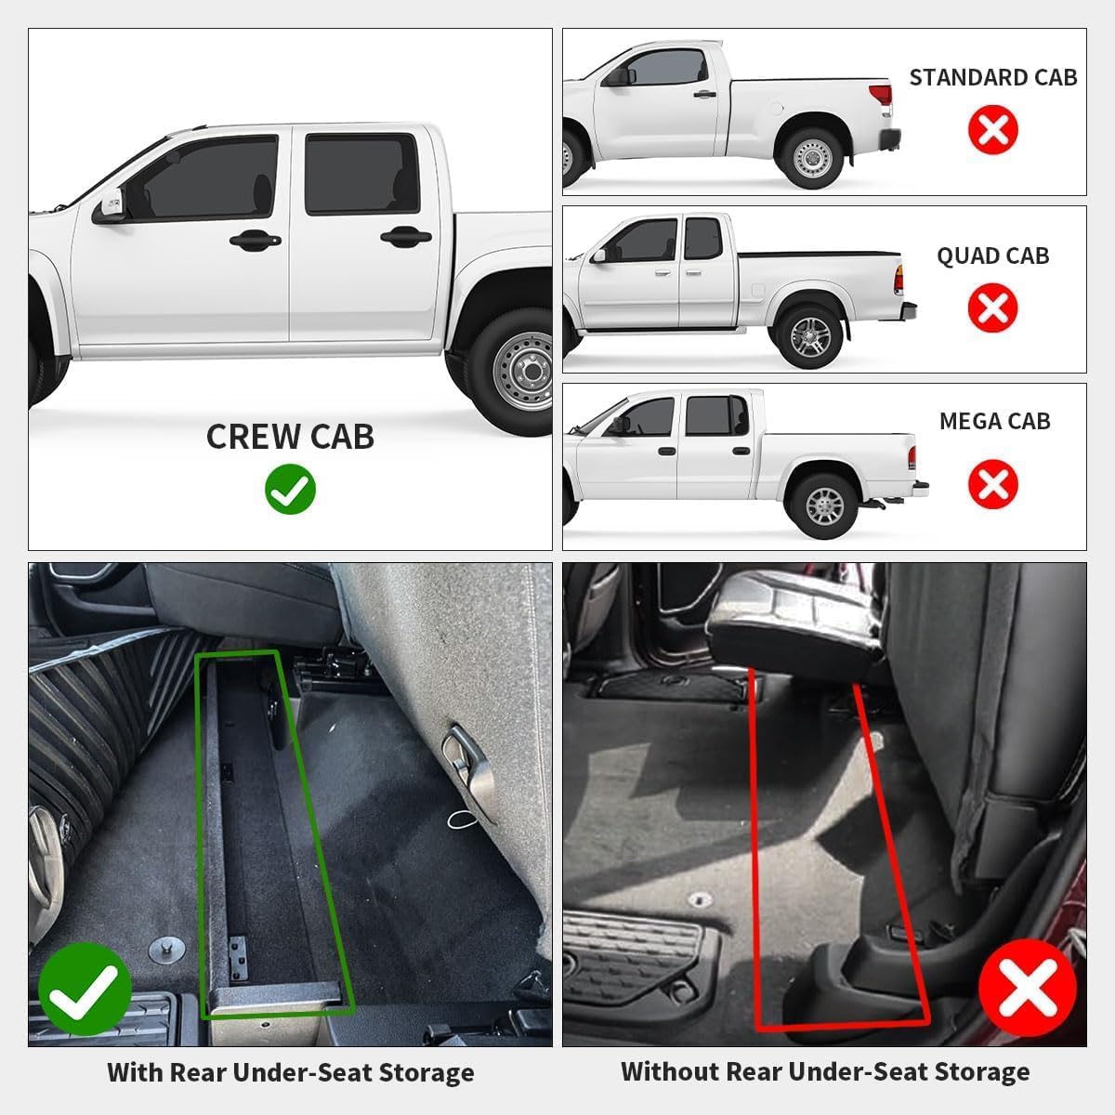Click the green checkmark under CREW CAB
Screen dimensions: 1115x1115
[290, 489]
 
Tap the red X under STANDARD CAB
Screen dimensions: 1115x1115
[992, 129]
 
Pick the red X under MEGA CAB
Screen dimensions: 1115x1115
[992, 484]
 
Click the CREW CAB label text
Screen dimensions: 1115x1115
[290, 437]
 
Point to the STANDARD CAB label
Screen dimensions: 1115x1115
[992, 77]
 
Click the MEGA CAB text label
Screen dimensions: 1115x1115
[994, 421]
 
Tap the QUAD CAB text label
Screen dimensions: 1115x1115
[992, 256]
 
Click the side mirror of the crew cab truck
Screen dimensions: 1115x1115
[109, 205]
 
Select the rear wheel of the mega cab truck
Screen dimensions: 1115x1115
[823, 505]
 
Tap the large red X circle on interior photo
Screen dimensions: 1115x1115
[1027, 988]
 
